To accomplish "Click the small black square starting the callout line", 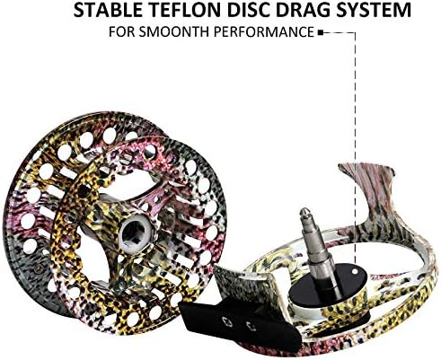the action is coord(320,32).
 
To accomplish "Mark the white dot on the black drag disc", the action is coord(355,272).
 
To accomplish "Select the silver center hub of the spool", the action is coord(137,233).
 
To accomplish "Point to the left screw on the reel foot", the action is coord(226,321).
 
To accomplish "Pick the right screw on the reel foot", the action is coord(251,326).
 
